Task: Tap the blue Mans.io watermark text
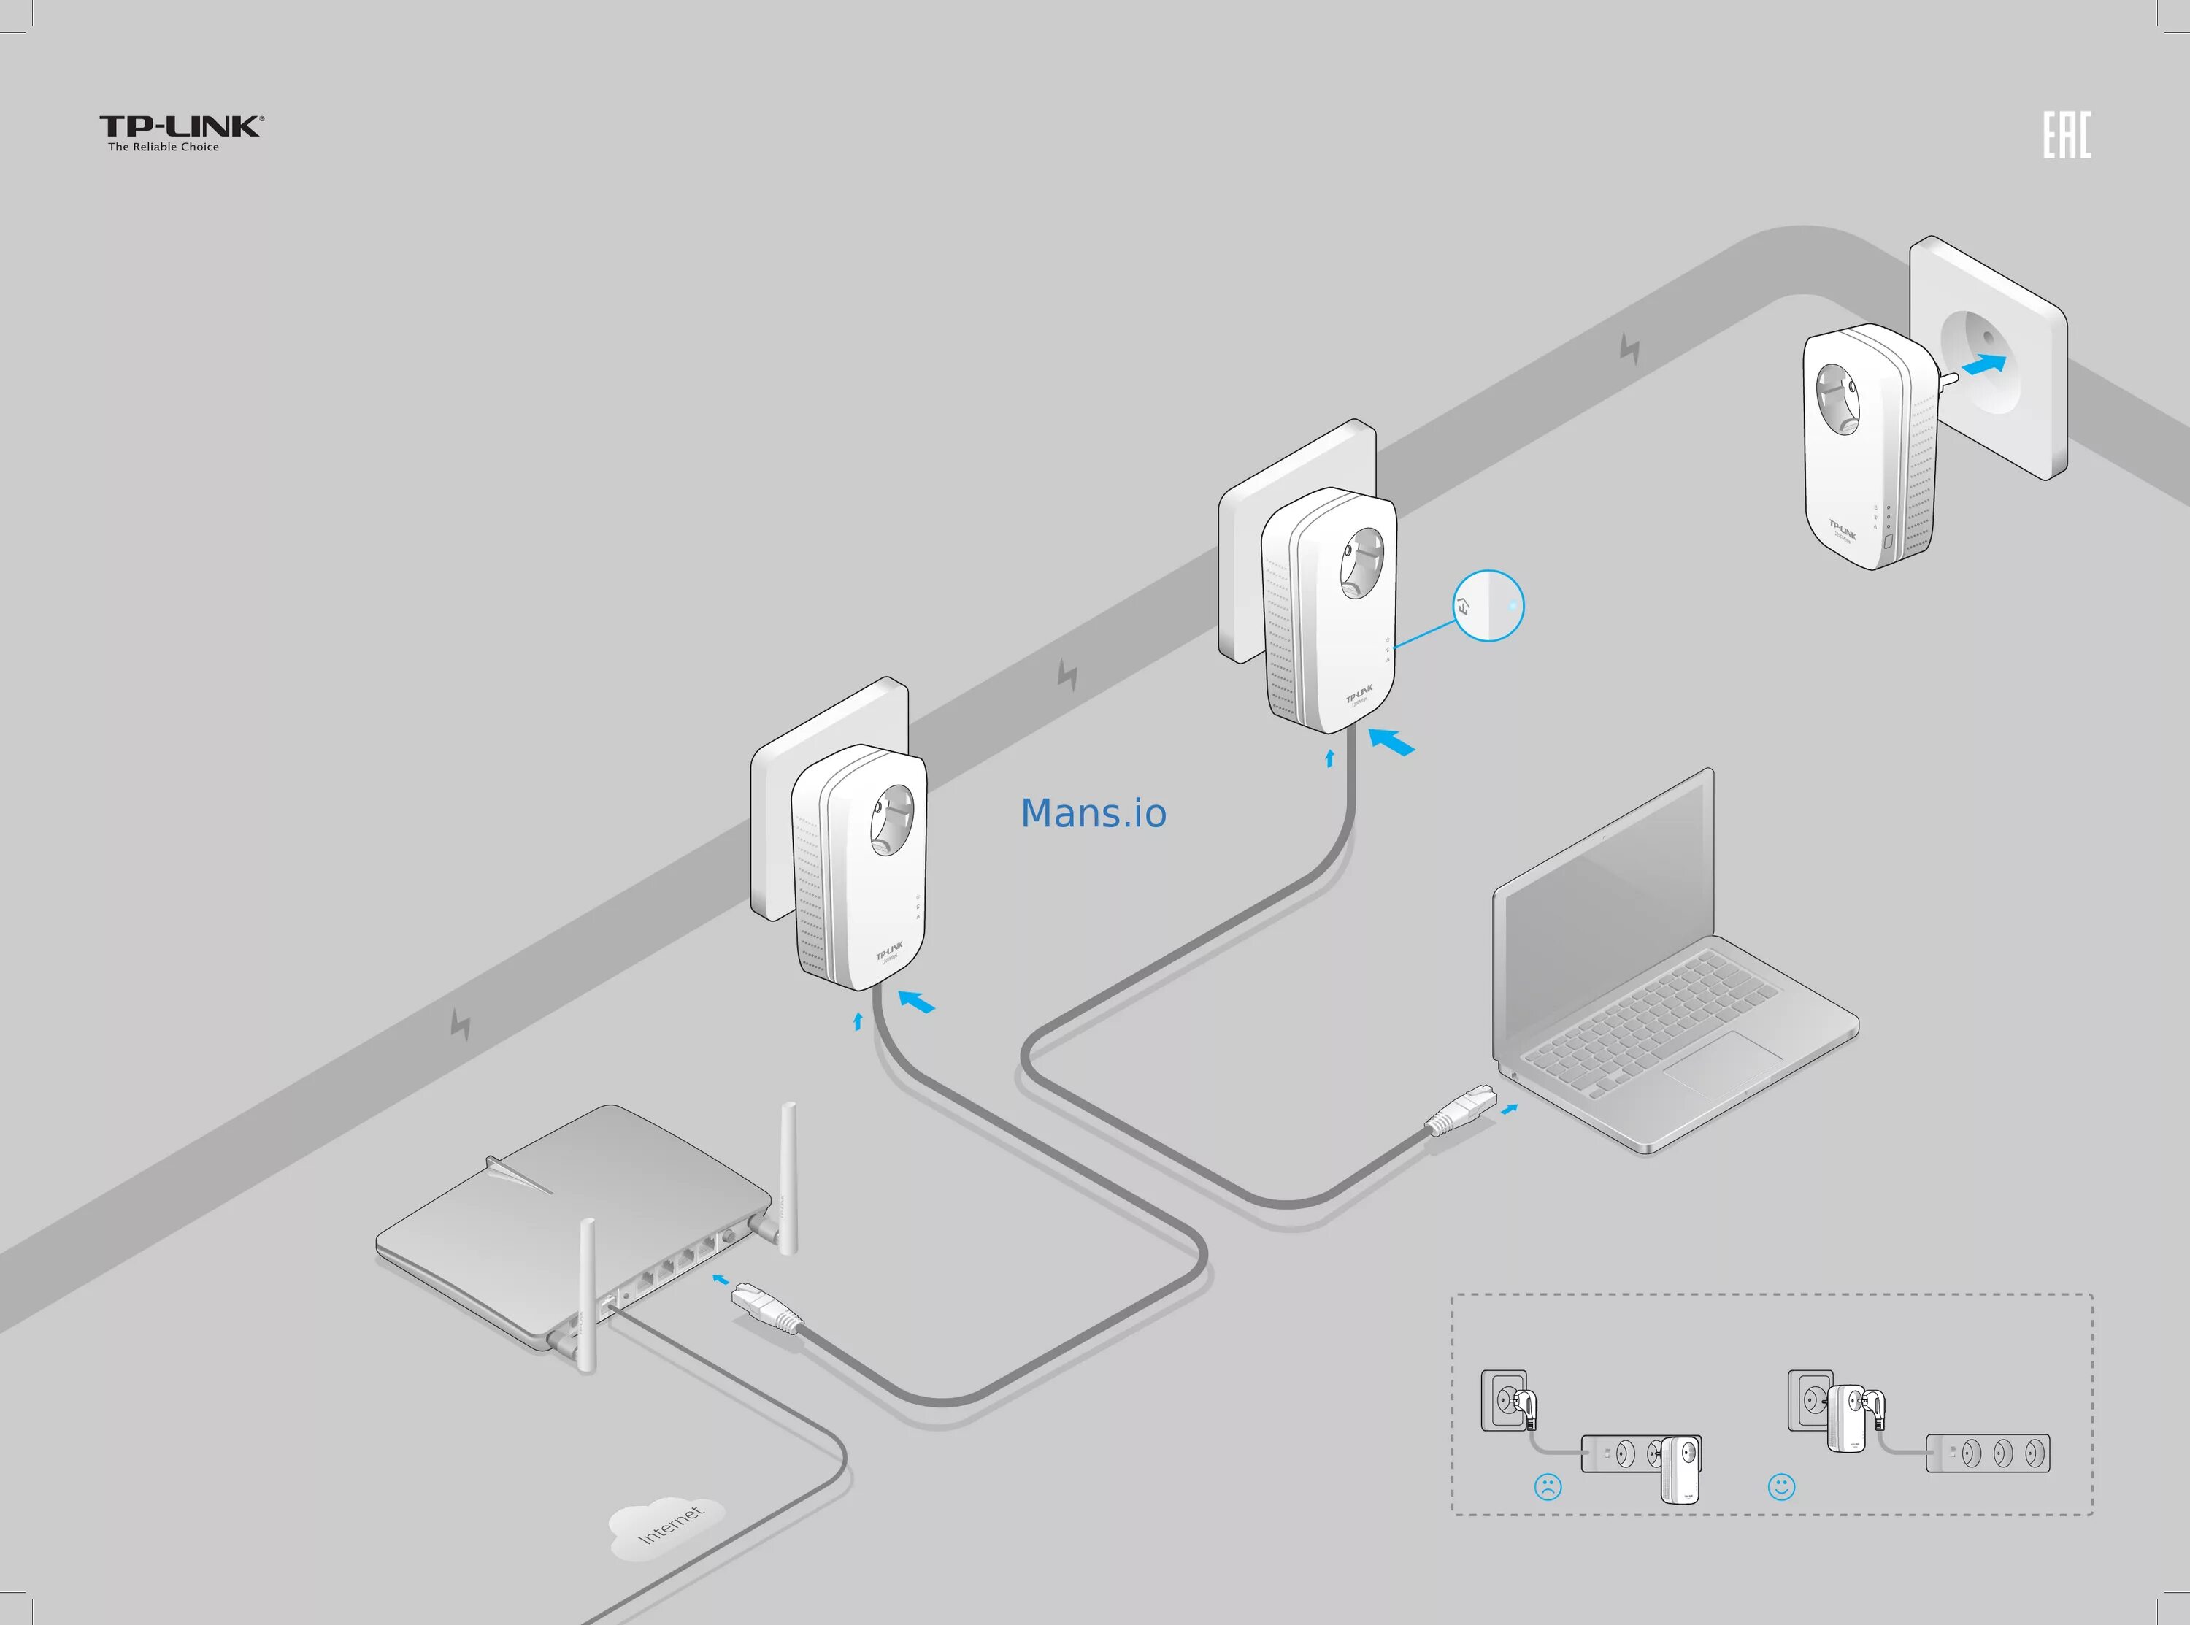pyautogui.click(x=1094, y=813)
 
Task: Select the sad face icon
pyautogui.click(x=1547, y=1486)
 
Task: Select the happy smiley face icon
pyautogui.click(x=1781, y=1486)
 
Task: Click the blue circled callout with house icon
pyautogui.click(x=1489, y=606)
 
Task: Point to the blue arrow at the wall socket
pyautogui.click(x=1983, y=365)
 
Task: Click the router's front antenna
pyautogui.click(x=587, y=1294)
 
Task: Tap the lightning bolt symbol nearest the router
pyautogui.click(x=460, y=1024)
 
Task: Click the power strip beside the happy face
pyautogui.click(x=1987, y=1453)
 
